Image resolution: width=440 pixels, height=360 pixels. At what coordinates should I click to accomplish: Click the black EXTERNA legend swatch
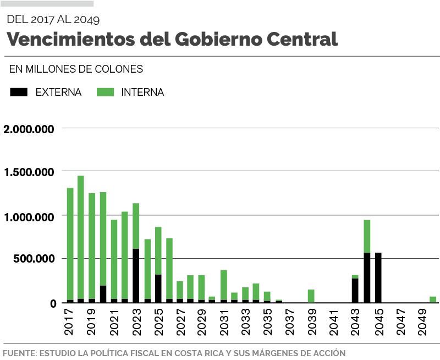(x=19, y=92)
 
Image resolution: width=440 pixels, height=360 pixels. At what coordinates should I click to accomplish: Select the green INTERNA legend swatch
(x=105, y=92)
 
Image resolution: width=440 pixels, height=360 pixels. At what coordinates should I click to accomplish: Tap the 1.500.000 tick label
(x=29, y=172)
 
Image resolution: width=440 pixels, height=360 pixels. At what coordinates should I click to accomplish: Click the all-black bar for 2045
(x=378, y=278)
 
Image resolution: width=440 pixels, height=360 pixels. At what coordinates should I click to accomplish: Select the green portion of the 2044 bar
(x=367, y=236)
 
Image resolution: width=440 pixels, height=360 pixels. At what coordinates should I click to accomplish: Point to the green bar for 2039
(x=311, y=296)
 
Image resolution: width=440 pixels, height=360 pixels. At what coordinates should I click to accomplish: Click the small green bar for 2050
(x=433, y=299)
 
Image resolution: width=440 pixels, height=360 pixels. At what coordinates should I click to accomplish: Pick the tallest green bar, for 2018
(x=81, y=237)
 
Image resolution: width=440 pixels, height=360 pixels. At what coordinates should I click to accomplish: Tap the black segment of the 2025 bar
(x=158, y=288)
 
